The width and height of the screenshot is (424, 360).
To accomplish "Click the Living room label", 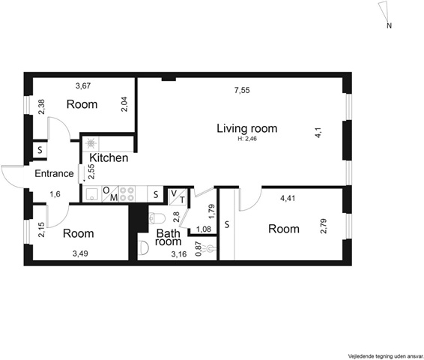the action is click(x=247, y=128).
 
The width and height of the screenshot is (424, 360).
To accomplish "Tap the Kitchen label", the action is click(x=109, y=157).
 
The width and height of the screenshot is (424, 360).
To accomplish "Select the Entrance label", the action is click(x=54, y=173).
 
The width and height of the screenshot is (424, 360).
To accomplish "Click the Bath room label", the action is click(x=168, y=238).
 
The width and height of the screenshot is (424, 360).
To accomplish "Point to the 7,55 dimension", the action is click(x=242, y=91).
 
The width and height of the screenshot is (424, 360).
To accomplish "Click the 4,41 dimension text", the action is click(x=288, y=199).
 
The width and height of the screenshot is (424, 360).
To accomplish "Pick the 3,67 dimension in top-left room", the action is click(x=83, y=86).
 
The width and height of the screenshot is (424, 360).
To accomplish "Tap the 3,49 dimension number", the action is click(x=80, y=253).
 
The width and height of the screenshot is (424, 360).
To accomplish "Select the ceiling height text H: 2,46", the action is click(x=247, y=139).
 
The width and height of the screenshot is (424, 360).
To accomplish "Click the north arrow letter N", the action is click(x=389, y=26).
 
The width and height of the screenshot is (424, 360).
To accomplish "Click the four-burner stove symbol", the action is click(x=127, y=193).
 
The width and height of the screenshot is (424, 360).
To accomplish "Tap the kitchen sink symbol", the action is click(x=92, y=194).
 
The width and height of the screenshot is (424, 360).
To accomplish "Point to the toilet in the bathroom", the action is click(x=157, y=218).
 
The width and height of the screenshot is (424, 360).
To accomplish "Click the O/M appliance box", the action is click(x=110, y=193).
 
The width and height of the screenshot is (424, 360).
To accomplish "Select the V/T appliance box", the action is click(x=178, y=196).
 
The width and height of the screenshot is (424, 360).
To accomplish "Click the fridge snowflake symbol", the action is click(x=91, y=143).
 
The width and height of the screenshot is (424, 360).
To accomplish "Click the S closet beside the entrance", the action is click(x=40, y=150).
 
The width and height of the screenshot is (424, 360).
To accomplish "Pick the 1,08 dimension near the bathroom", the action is click(x=204, y=229).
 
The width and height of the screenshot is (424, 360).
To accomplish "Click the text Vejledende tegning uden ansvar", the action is click(x=386, y=355).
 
